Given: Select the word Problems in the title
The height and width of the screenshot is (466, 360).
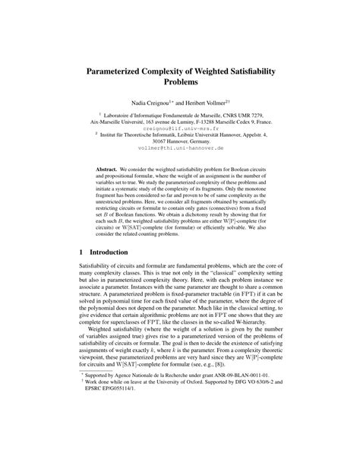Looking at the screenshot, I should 179,81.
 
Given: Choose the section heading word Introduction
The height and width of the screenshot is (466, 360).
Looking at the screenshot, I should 115,252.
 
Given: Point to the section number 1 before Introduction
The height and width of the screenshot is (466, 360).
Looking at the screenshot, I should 82,252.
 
